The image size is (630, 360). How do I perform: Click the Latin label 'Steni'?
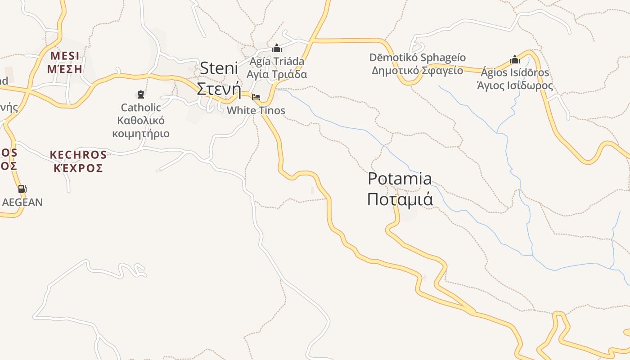point(219,68)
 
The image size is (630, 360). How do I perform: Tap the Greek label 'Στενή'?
point(219,89)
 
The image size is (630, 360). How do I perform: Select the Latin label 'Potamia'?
point(400,179)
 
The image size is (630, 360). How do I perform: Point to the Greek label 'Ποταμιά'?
point(400,199)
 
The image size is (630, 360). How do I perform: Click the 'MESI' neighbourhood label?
point(65,56)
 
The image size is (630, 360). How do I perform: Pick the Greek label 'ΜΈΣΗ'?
point(65,69)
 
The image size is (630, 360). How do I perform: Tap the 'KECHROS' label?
point(78,155)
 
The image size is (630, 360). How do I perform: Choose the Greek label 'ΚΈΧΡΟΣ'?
point(78,168)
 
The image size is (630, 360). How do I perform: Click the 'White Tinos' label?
point(256,110)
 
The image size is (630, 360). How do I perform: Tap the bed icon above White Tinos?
point(256,97)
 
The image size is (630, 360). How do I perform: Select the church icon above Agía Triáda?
point(277,48)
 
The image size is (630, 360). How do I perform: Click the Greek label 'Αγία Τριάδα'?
point(277,74)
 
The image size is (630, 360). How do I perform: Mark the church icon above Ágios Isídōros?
point(515,59)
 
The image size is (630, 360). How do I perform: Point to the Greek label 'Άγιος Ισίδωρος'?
point(515,85)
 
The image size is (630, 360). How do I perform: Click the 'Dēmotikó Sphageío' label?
point(418,58)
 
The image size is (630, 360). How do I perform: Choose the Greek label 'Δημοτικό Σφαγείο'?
point(418,70)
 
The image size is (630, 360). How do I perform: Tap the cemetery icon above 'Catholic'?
point(141,94)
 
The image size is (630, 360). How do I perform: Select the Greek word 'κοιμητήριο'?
point(141,134)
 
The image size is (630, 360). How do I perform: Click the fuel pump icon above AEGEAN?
point(22,189)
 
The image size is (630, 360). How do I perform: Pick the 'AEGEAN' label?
point(22,202)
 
